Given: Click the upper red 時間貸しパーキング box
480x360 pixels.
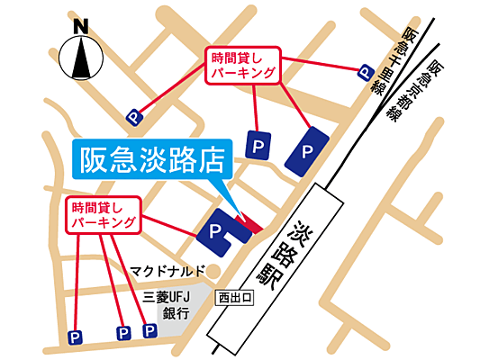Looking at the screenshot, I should [x=244, y=65].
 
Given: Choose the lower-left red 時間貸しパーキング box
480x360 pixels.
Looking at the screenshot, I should [x=104, y=215].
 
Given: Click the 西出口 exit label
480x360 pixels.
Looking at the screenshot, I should [x=237, y=296].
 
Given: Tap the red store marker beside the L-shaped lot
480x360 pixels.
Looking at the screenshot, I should [x=250, y=221].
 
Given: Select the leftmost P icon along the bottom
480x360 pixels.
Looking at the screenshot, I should [x=76, y=337].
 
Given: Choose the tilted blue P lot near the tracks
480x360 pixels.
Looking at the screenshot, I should [x=307, y=148].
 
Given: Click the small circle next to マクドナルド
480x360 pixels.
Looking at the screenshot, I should [x=206, y=270].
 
